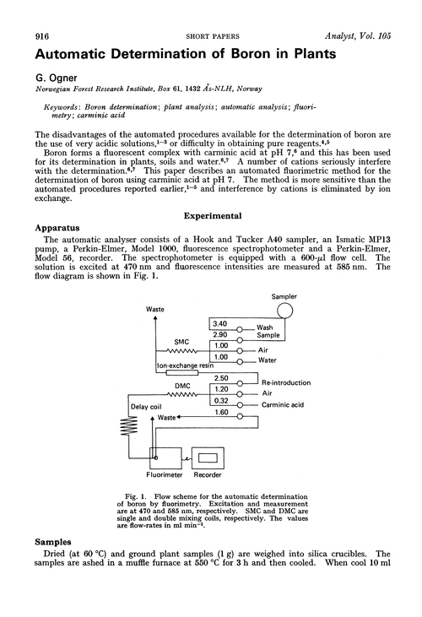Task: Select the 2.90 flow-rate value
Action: [220, 335]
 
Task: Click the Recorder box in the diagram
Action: [205, 456]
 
